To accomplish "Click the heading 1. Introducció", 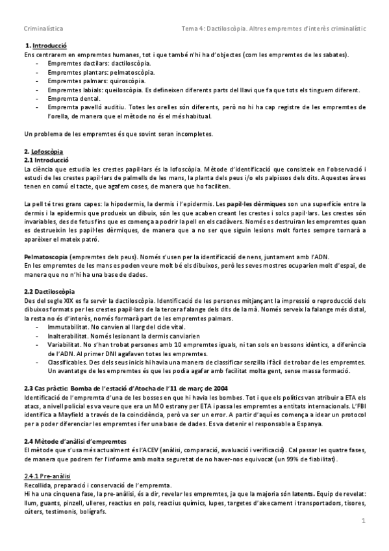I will pyautogui.click(x=45, y=47).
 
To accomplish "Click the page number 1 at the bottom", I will pyautogui.click(x=364, y=521).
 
